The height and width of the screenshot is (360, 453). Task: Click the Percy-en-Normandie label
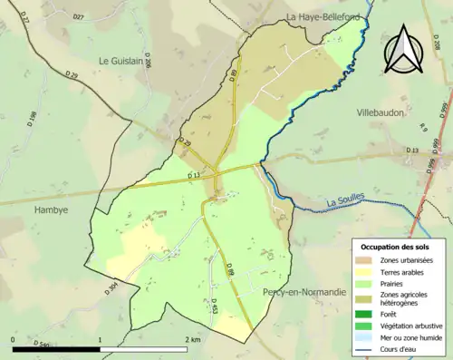pos(304,292)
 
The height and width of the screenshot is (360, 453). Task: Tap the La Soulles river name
pos(344,203)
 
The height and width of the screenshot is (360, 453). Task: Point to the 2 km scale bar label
pos(195,340)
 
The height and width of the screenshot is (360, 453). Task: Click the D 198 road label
pos(33,118)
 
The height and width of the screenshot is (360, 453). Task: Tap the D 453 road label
pos(215,306)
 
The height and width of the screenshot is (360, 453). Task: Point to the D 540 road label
pos(43,345)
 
